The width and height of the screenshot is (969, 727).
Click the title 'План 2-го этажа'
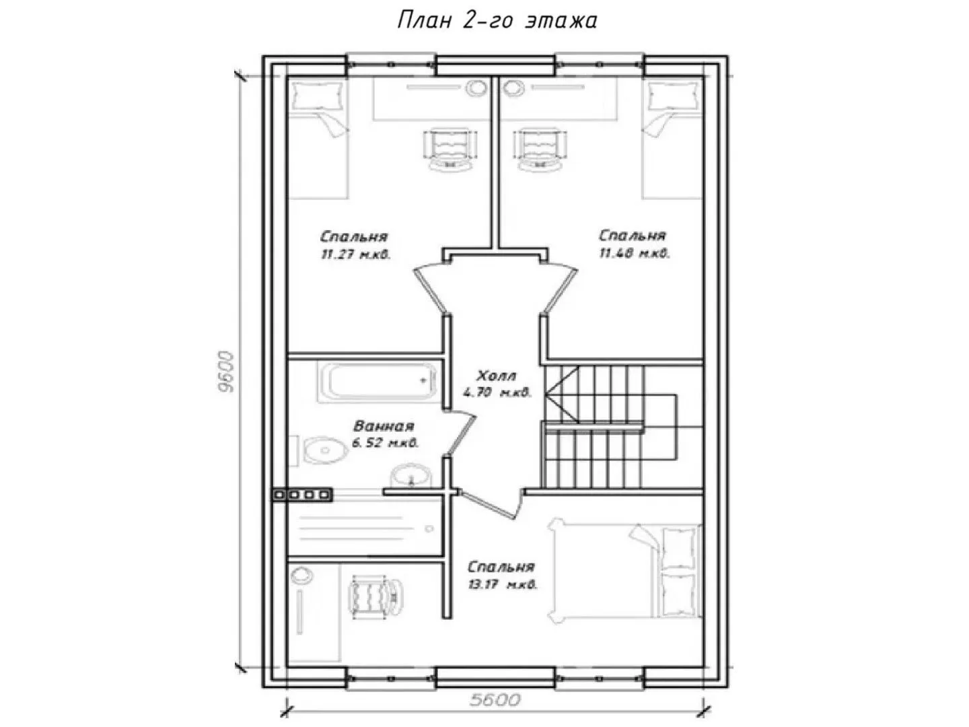coord(497,21)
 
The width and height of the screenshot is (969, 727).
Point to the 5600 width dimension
coord(495,699)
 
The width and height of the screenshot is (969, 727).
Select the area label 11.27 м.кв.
coord(356,254)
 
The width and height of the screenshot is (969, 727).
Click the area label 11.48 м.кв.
coord(635,253)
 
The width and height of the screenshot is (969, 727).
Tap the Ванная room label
coord(384,426)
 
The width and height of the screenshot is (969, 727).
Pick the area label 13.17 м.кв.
coord(502,586)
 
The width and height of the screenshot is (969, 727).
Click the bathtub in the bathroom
coord(378,382)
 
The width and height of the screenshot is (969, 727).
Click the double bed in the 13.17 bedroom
coord(624,573)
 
